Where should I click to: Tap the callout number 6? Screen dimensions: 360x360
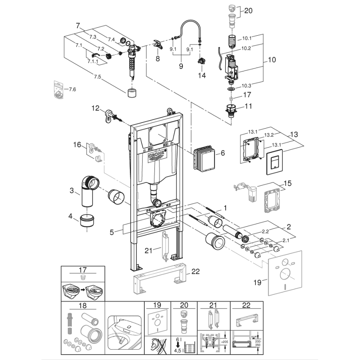pos(223,153)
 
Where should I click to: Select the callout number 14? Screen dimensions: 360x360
pos(202,75)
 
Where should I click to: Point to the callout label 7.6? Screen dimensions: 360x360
pos(72,89)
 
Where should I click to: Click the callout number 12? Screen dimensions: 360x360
pos(96,109)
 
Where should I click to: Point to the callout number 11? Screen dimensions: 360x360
pos(248,106)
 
